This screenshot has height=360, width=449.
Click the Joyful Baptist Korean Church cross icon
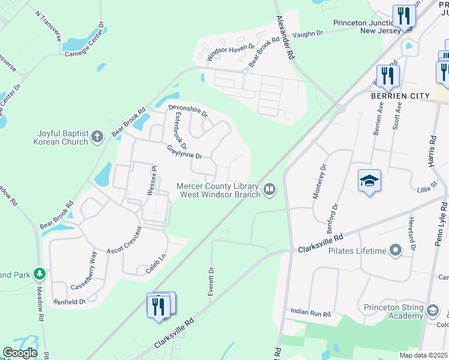tap(98, 138)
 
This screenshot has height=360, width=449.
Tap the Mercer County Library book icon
tap(270, 190)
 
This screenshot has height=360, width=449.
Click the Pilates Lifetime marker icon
tap(395, 250)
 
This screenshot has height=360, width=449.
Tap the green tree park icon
tap(40, 274)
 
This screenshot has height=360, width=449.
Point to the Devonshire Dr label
tap(188, 111)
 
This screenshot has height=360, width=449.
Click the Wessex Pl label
tap(152, 181)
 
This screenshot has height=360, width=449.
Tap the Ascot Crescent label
tap(124, 239)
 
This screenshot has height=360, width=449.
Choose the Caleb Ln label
tap(156, 265)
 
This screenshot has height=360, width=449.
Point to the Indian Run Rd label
tap(311, 313)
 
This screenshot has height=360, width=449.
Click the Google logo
tap(20, 353)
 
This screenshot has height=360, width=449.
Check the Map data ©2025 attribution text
tap(423, 355)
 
